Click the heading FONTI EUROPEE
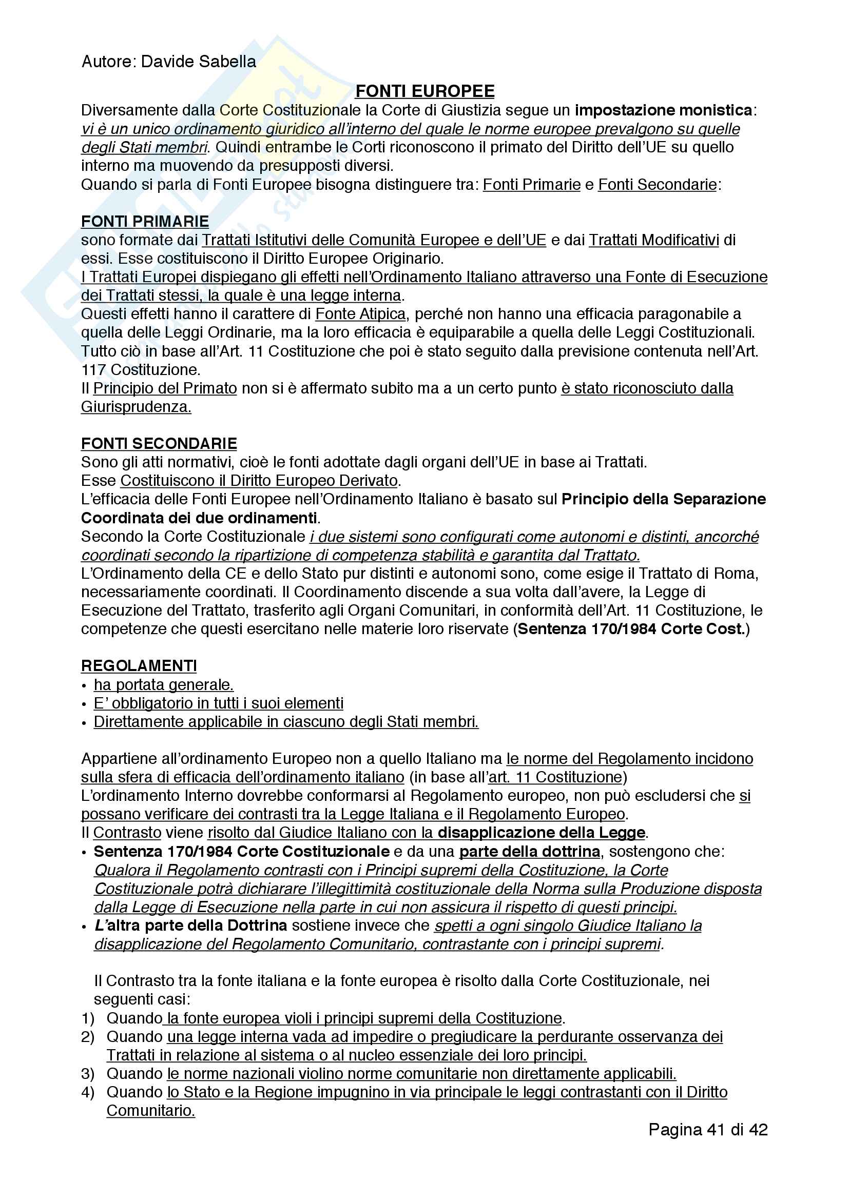[424, 91]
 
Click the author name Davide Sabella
[198, 62]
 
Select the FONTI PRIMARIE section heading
[145, 222]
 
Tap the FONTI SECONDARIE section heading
[159, 444]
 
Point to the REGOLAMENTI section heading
[139, 666]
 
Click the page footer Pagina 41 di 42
[708, 1130]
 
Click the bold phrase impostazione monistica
[663, 110]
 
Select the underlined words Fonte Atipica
[360, 314]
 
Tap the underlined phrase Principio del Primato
[165, 388]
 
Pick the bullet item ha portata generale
[164, 685]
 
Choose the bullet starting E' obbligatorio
[219, 703]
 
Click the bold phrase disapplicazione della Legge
[541, 833]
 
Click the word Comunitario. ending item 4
[150, 1111]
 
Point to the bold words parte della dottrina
[530, 852]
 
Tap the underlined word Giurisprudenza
[136, 407]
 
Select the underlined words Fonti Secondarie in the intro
[657, 185]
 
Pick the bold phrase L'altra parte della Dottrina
[191, 926]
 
